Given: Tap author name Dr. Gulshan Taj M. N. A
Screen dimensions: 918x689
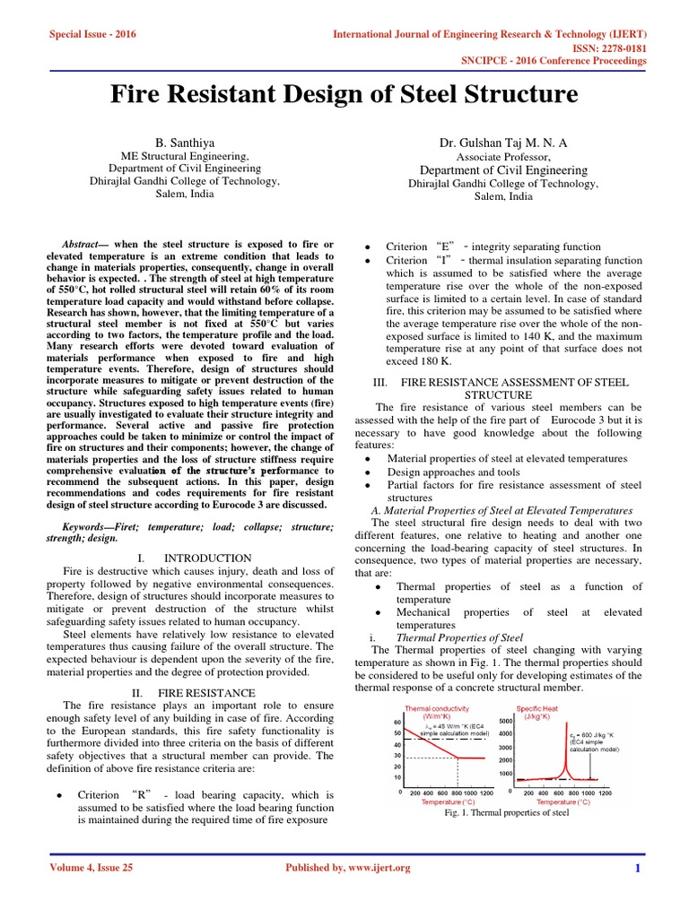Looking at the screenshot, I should tap(503, 142).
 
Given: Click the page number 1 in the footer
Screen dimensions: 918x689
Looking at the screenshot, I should tap(637, 868).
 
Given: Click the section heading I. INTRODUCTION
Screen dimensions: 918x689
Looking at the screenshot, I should tap(194, 558).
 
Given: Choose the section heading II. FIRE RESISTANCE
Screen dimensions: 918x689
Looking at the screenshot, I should tap(194, 693).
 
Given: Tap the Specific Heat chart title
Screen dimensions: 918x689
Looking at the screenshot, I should tap(546, 708).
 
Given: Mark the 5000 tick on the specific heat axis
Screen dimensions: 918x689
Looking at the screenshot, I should tap(505, 721).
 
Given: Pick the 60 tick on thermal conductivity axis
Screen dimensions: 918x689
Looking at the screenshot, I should tap(398, 722).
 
